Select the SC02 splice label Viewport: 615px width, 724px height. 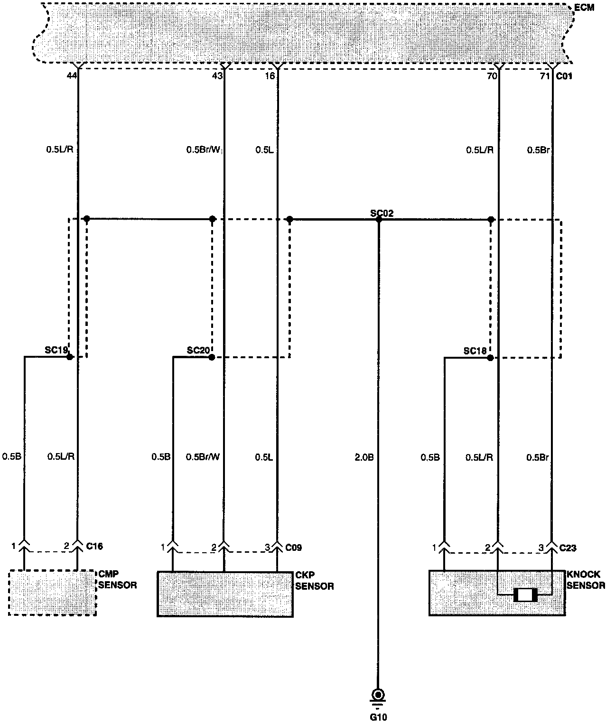coord(382,213)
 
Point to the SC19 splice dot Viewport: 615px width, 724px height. coord(70,357)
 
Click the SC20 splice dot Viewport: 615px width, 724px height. coord(212,357)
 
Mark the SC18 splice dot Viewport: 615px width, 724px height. coord(490,358)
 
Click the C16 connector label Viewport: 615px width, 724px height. coord(94,546)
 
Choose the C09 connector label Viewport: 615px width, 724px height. coord(293,548)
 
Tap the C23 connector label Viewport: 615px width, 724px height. coord(568,548)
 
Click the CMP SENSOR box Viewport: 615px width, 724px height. coord(52,593)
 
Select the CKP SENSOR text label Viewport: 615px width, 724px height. coord(314,581)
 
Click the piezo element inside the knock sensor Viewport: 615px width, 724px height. coord(525,595)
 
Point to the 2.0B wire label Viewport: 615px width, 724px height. coord(364,457)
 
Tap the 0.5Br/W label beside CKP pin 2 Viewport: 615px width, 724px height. coord(203,457)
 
